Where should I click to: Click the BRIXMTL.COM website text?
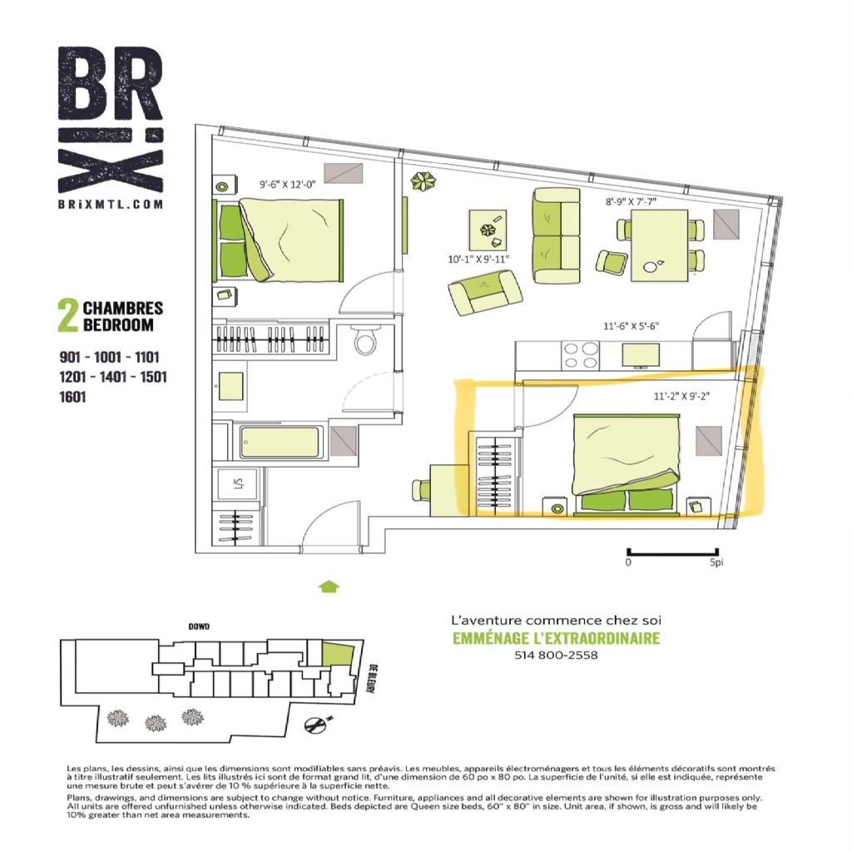click(x=111, y=205)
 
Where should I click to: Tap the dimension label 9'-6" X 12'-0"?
click(x=287, y=184)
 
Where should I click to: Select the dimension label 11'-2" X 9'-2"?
click(x=681, y=396)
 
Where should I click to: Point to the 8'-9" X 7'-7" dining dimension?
click(x=631, y=201)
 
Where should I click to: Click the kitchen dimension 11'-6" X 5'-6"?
click(x=631, y=326)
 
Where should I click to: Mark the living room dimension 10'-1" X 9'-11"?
click(x=478, y=260)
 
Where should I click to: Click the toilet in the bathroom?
click(x=364, y=339)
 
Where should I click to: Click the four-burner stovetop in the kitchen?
click(x=581, y=355)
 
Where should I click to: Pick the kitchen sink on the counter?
click(x=641, y=355)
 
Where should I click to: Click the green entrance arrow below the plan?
click(x=329, y=587)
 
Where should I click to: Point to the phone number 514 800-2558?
click(x=556, y=656)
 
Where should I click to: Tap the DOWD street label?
click(x=199, y=627)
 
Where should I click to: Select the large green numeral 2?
click(x=68, y=315)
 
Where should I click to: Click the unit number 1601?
click(x=73, y=397)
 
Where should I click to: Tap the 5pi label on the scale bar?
click(x=716, y=562)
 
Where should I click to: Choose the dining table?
click(x=660, y=245)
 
